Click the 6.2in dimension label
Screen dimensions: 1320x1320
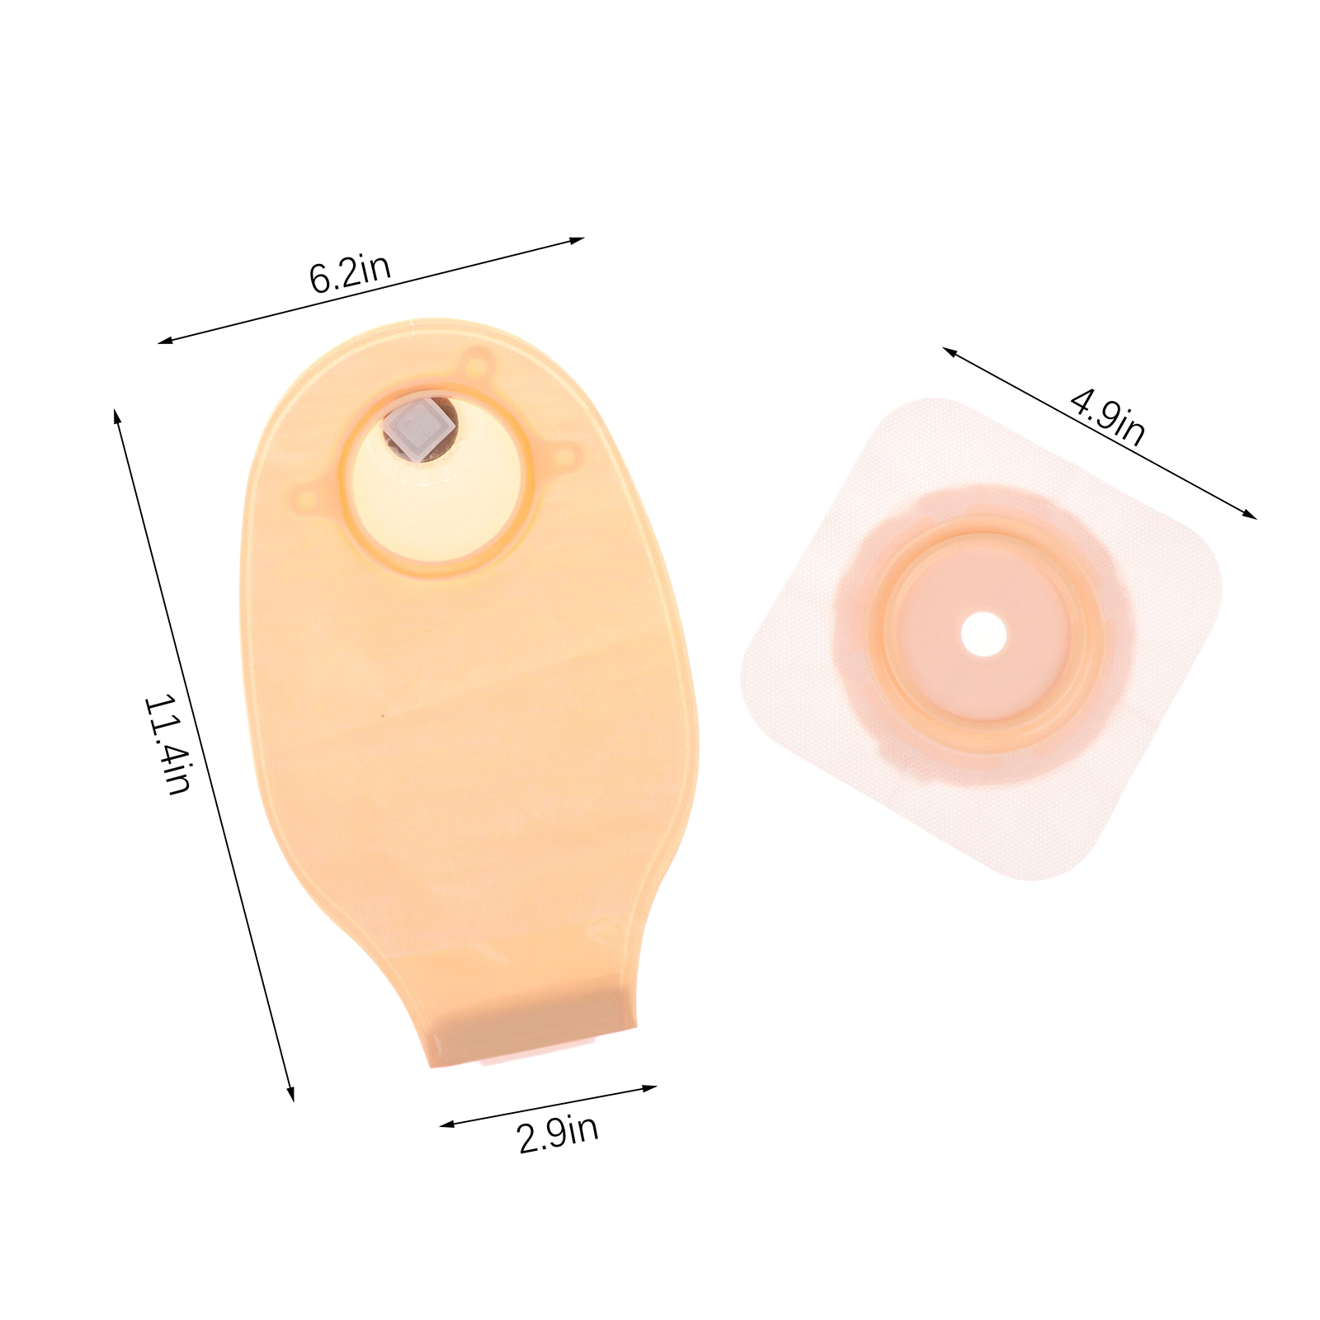point(350,273)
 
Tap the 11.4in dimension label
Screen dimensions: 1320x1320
point(167,744)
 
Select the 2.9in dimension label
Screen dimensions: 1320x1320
point(558,1134)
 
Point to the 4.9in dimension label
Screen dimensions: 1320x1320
point(1108,417)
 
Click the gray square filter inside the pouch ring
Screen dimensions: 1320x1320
point(420,431)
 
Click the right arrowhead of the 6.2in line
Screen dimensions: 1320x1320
point(577,241)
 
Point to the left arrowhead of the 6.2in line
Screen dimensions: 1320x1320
point(165,340)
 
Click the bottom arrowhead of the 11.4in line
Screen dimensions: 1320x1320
point(290,1093)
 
